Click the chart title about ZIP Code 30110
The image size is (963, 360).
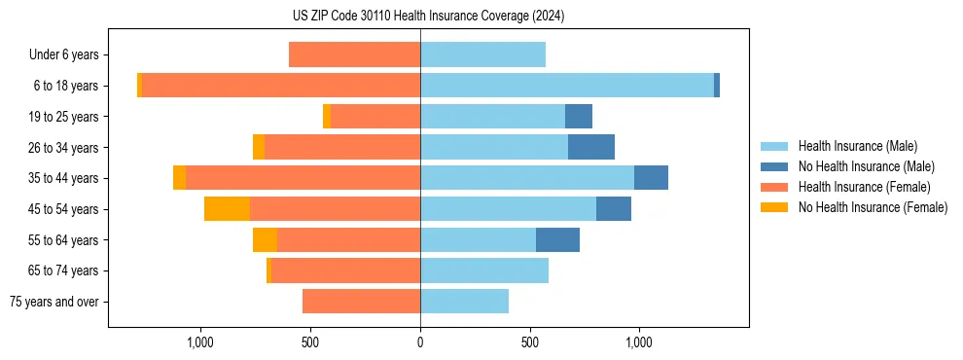tap(428, 16)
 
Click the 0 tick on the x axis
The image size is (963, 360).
tap(420, 342)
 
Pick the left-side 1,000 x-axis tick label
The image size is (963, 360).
tap(200, 342)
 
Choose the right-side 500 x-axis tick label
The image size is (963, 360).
tap(529, 342)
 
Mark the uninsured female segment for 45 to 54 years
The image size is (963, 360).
tap(227, 209)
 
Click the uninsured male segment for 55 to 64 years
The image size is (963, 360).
tap(557, 239)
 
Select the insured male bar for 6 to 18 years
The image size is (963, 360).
tap(567, 86)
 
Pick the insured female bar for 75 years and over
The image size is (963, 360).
tap(361, 302)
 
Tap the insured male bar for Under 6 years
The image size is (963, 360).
tap(482, 54)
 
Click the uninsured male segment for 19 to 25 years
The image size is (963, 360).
tap(579, 117)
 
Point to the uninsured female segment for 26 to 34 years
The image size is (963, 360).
tap(259, 147)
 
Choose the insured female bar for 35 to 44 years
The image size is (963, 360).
tap(303, 178)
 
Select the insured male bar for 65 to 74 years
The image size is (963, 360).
tap(484, 270)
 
